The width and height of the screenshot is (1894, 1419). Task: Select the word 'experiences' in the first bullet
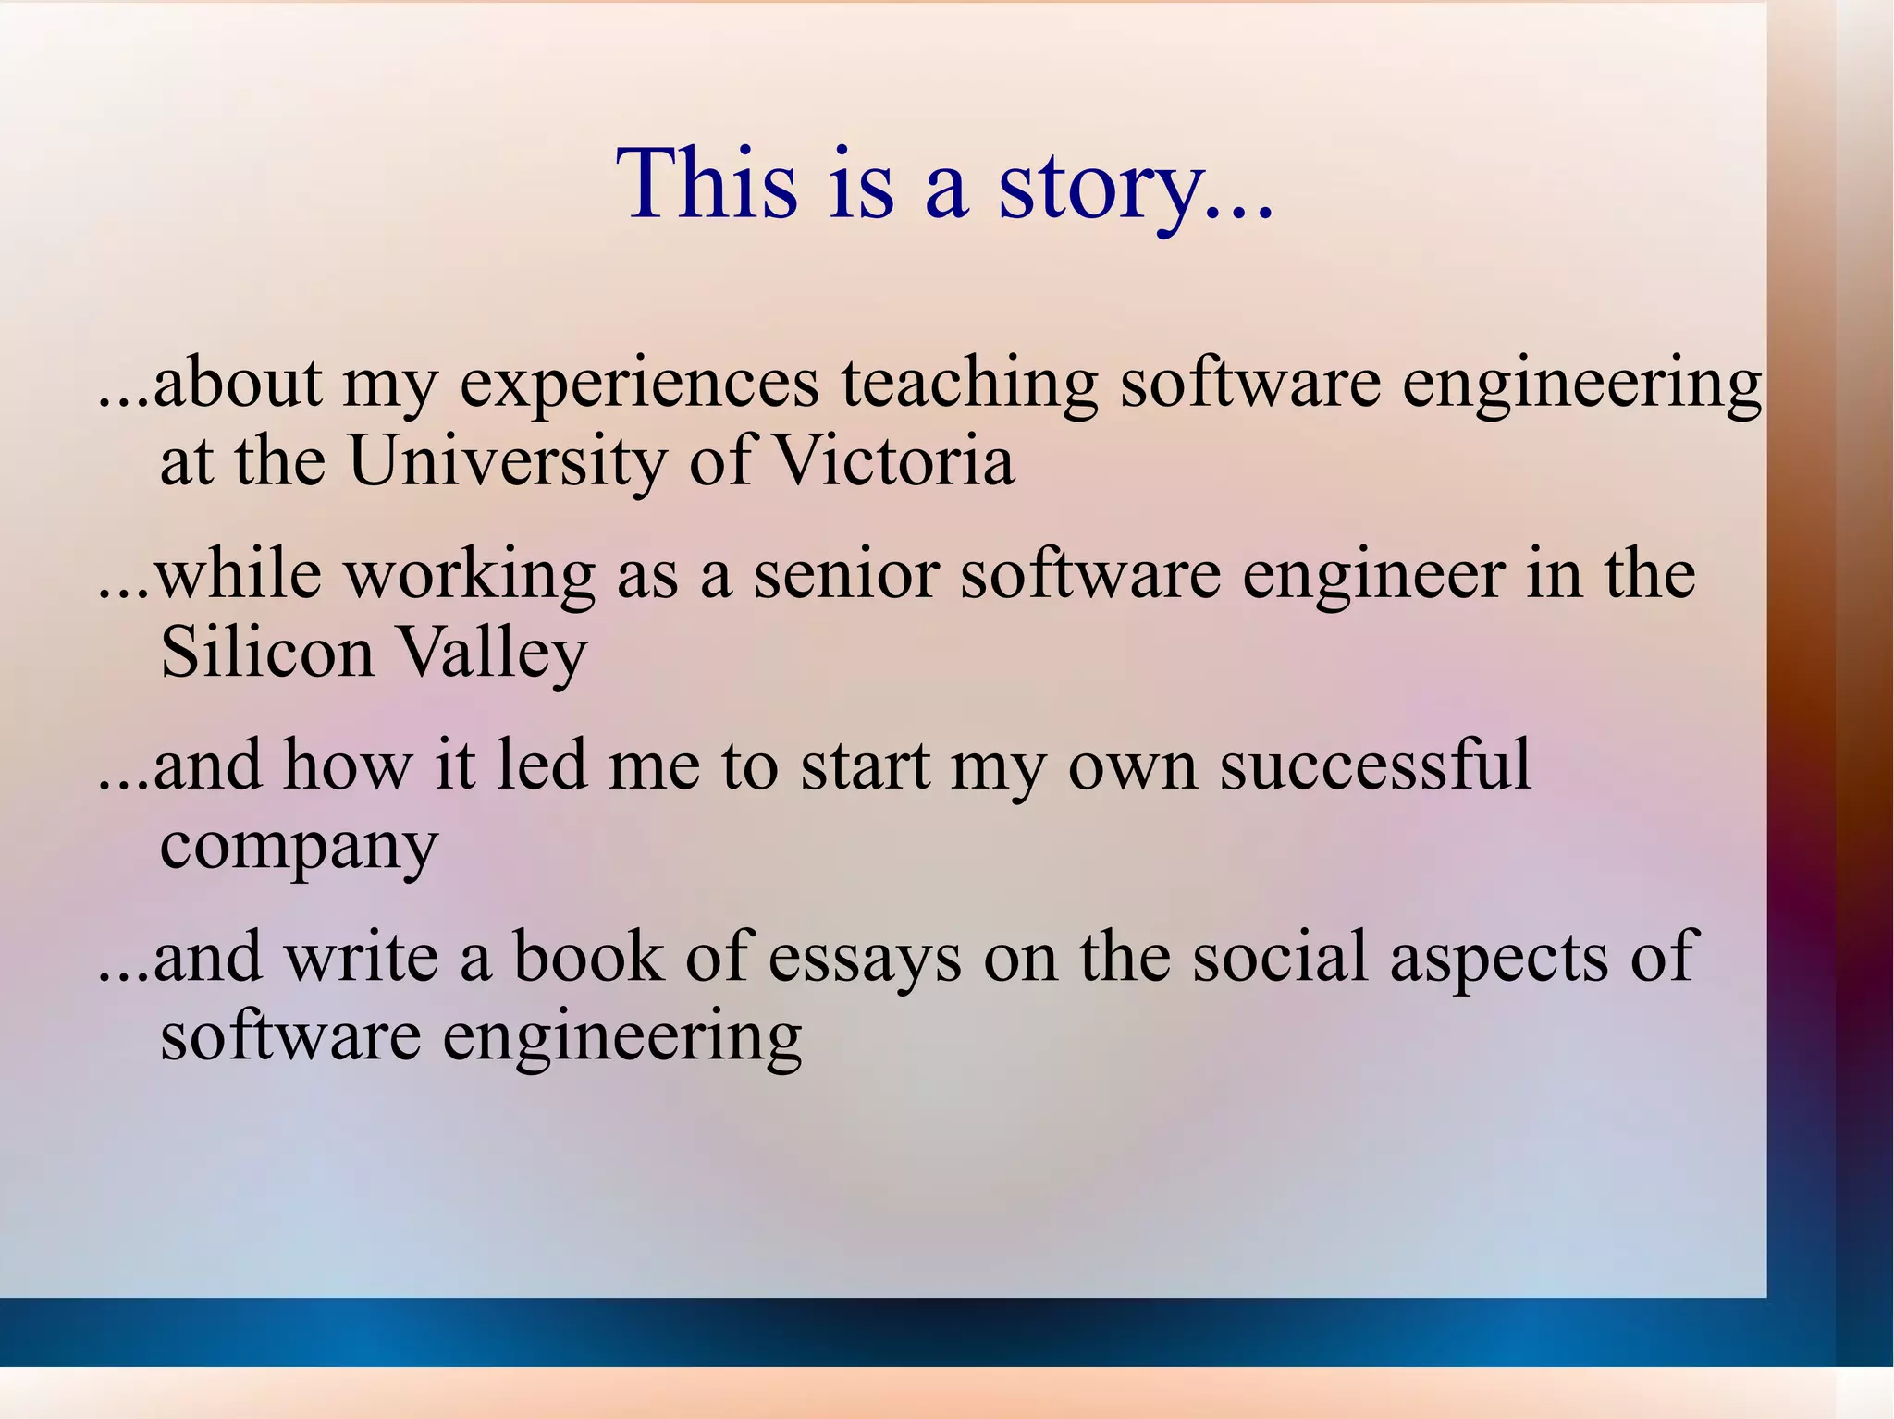pos(639,384)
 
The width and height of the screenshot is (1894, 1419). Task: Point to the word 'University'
pos(507,461)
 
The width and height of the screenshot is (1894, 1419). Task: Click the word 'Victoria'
pos(892,461)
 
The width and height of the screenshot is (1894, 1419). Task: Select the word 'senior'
pos(846,575)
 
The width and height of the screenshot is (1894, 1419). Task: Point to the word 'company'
pos(298,847)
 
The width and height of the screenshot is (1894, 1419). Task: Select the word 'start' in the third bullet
pos(865,768)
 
